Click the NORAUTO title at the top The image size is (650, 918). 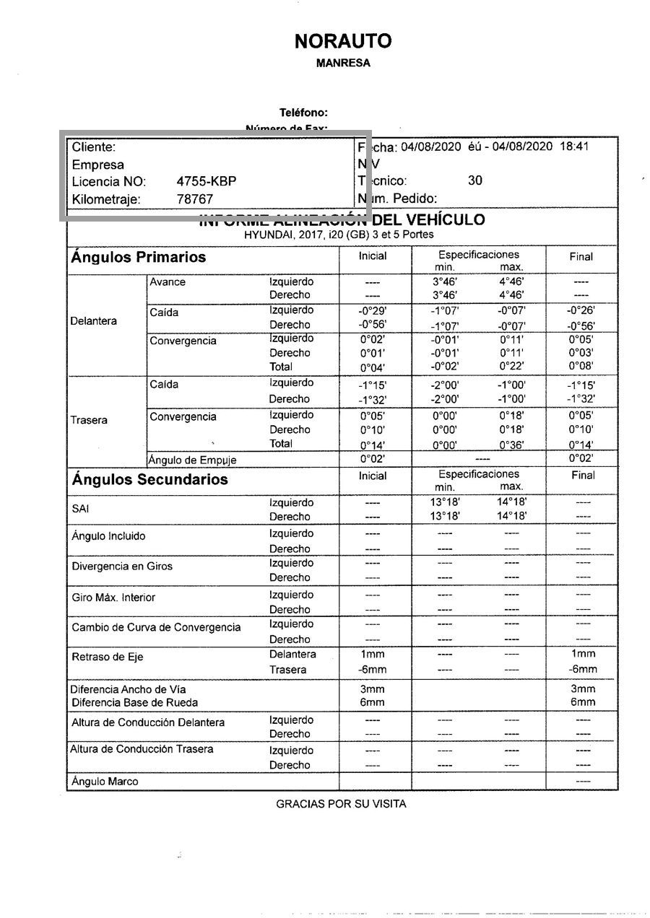click(x=343, y=42)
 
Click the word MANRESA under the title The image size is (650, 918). click(x=343, y=64)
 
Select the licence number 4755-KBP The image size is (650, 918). click(x=207, y=181)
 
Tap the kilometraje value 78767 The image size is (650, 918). click(x=195, y=198)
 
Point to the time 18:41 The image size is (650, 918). click(x=575, y=147)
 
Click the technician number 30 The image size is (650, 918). click(x=474, y=180)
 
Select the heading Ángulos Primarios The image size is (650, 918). click(x=138, y=258)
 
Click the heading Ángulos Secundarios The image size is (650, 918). click(x=149, y=480)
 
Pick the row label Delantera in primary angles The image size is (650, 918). click(x=94, y=321)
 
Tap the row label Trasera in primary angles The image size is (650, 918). click(x=89, y=420)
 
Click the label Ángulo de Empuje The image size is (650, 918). click(x=192, y=460)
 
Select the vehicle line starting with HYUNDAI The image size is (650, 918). click(x=339, y=235)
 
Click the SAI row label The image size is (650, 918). click(x=79, y=509)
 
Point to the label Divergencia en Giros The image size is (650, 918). click(x=122, y=567)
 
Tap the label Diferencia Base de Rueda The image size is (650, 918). click(x=134, y=702)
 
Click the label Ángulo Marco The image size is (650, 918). click(x=105, y=781)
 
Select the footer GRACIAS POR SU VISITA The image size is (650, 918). click(x=341, y=803)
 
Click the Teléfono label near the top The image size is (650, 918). click(x=303, y=113)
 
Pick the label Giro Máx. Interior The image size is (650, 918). click(x=113, y=598)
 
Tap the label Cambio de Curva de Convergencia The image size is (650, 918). click(x=156, y=627)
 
